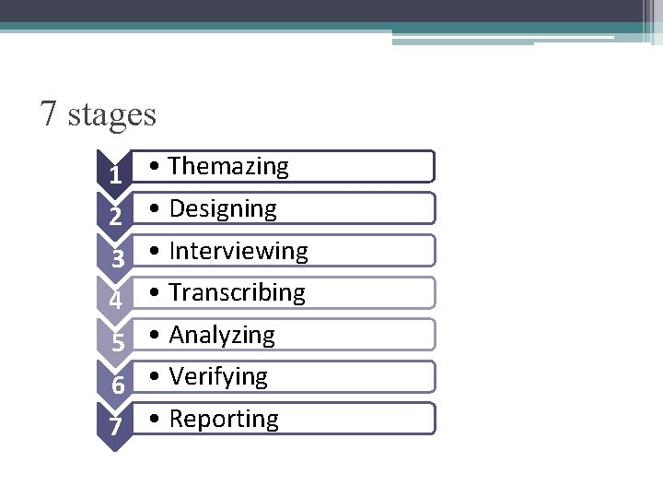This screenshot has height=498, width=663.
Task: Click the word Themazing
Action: (x=229, y=166)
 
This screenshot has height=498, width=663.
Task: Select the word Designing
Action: (x=223, y=208)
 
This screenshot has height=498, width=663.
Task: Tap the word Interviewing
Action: (x=238, y=251)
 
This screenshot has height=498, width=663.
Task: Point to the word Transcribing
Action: (x=237, y=292)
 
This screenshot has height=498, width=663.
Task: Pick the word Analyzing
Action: (x=222, y=335)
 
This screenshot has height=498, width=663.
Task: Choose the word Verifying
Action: (x=218, y=376)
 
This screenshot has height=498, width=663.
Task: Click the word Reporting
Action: (x=224, y=419)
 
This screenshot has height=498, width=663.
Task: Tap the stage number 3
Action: (x=117, y=260)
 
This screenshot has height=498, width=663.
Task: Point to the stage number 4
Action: (x=115, y=302)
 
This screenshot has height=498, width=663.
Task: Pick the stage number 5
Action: (x=117, y=344)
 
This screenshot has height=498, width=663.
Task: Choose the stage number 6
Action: (x=117, y=385)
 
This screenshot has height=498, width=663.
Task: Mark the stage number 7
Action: (x=115, y=428)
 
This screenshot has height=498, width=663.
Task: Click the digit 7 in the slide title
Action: (x=50, y=114)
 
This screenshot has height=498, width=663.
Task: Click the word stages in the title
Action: (x=113, y=116)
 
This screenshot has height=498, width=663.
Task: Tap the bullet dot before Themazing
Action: (x=158, y=168)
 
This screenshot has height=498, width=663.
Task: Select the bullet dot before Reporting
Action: (x=158, y=420)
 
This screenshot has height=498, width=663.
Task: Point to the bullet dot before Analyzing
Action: (x=158, y=336)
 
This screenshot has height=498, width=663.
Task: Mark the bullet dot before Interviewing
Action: (x=158, y=252)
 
